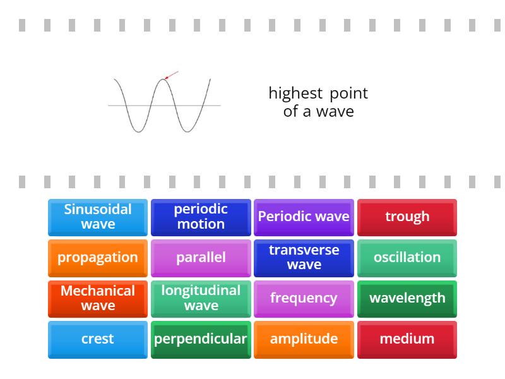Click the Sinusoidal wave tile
(98, 217)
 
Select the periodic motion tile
(201, 217)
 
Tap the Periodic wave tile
(304, 217)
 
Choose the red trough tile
(407, 217)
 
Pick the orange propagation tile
(98, 258)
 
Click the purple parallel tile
(201, 258)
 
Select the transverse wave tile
(304, 258)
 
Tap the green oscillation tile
(407, 258)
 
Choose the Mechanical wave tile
(98, 298)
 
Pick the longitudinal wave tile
(201, 298)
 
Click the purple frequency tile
(304, 298)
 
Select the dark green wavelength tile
(407, 298)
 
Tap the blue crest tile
(98, 339)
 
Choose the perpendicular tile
(201, 339)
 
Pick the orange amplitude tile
(304, 339)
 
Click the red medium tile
(407, 339)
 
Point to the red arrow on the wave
(171, 75)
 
